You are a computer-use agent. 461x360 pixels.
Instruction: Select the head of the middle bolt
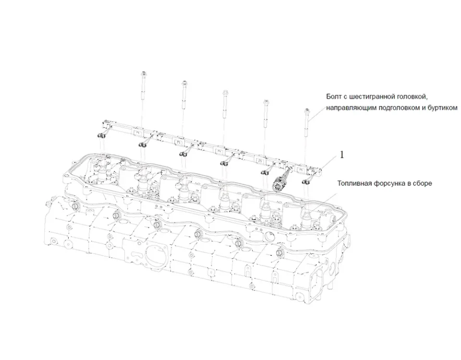pyautogui.click(x=224, y=92)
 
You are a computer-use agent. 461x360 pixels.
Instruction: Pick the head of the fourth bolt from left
pyautogui.click(x=265, y=102)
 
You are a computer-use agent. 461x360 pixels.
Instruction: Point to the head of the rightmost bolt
pyautogui.click(x=306, y=111)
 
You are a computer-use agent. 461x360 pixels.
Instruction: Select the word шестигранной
pyautogui.click(x=374, y=96)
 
